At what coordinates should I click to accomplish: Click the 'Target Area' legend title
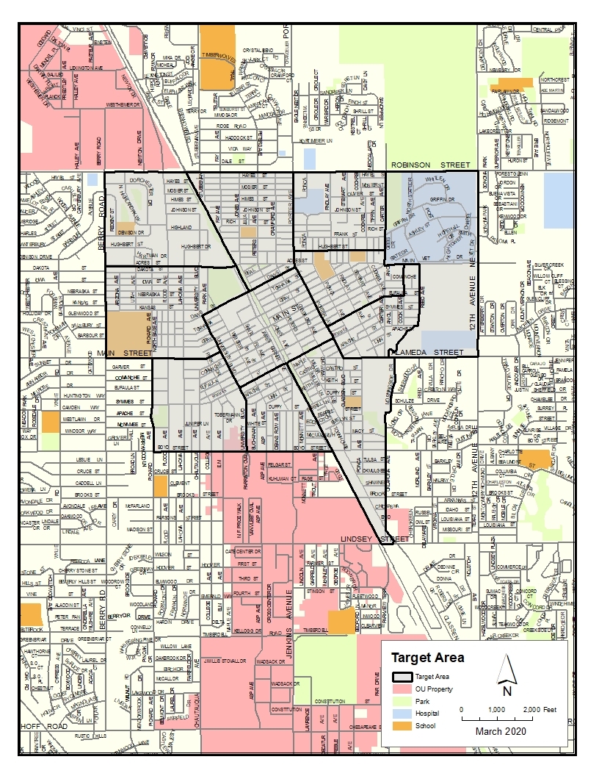click(426, 658)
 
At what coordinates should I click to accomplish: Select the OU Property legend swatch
click(401, 689)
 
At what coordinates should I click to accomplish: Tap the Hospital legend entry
click(401, 714)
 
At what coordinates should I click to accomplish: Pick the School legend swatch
click(401, 726)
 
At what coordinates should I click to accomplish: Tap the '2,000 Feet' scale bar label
click(540, 709)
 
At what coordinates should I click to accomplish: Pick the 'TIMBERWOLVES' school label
click(218, 55)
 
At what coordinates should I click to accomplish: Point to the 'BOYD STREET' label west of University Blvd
click(175, 448)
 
